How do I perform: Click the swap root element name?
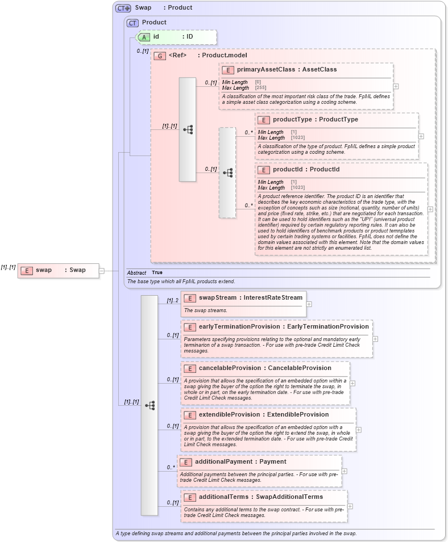[44, 270]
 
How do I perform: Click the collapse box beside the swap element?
[102, 271]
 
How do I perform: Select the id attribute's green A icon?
[144, 37]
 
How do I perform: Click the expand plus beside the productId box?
[430, 209]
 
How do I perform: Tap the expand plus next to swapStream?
[309, 304]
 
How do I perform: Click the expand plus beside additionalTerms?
[350, 506]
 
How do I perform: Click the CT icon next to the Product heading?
[132, 23]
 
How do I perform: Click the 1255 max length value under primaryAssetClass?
[260, 88]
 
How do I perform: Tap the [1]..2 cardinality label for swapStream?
[173, 301]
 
